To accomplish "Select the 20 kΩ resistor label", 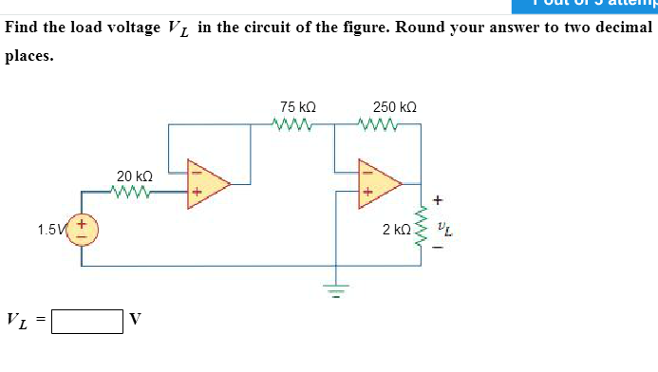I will coord(135,177).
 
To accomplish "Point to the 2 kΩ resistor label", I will coord(397,230).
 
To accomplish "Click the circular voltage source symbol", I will coord(82,230).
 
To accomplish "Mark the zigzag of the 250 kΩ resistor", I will coord(378,123).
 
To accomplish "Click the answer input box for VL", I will coord(87,321).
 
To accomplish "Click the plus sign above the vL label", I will coord(438,200).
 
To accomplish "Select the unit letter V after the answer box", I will coord(135,321).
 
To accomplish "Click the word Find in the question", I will coord(23,27).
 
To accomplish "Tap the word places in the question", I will coord(28,55).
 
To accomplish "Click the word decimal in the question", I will coord(624,27).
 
